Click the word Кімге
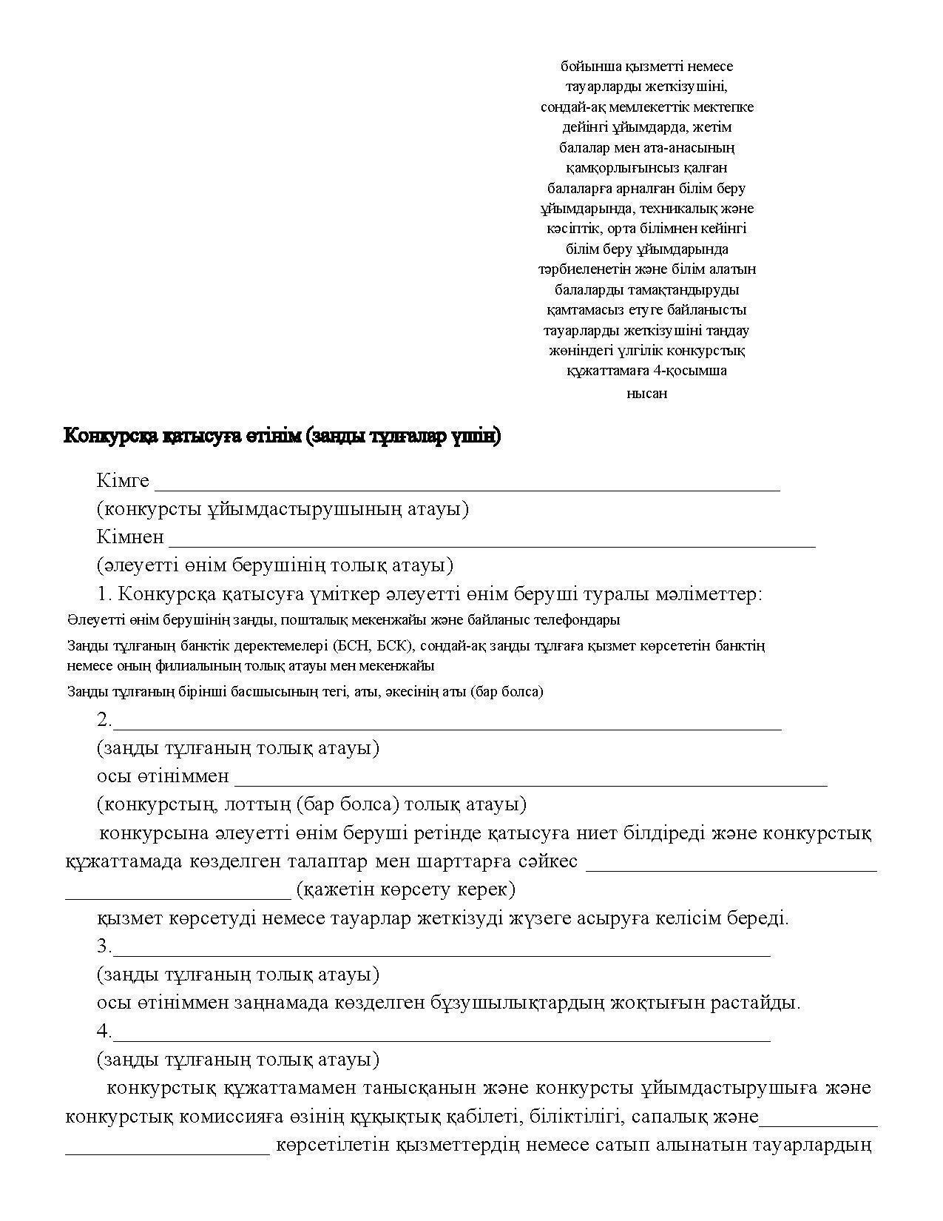(123, 481)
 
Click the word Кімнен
(130, 537)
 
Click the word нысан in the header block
(646, 394)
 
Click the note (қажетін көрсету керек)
(405, 889)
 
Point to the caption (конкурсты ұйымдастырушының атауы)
(283, 509)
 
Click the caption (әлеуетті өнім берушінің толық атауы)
(274, 565)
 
